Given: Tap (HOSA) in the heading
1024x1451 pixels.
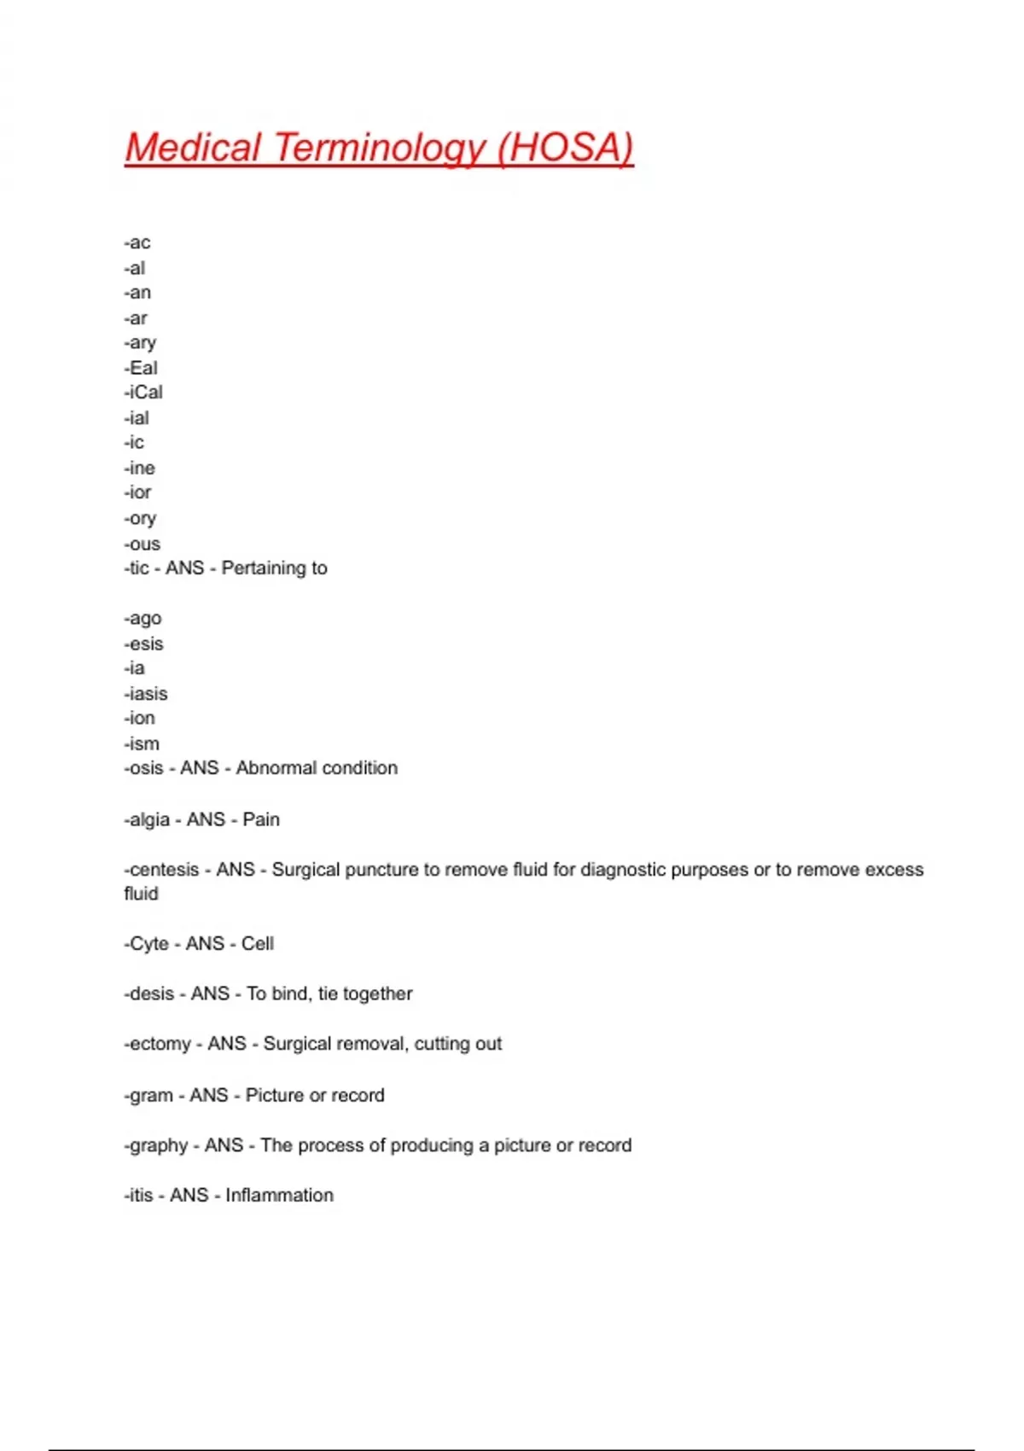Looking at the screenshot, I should click(565, 148).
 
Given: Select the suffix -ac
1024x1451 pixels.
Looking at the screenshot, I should click(137, 243).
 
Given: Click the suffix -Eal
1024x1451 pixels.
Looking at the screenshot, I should click(141, 368).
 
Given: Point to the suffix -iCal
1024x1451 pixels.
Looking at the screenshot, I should click(143, 393).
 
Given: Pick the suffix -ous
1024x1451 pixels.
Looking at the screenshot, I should click(143, 544).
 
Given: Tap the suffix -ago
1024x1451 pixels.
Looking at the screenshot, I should click(143, 618).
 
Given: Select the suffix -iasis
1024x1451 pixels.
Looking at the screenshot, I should click(146, 694).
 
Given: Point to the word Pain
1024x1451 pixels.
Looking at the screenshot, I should click(261, 819).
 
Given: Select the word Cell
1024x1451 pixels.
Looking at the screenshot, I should click(258, 944).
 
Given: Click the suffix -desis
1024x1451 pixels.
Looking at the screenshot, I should click(149, 994).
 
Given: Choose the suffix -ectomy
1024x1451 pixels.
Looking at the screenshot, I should click(158, 1044).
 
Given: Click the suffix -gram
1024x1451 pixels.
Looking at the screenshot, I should click(148, 1095).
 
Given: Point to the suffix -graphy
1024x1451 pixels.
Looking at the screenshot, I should click(156, 1145).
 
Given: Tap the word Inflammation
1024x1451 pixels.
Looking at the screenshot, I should click(279, 1196).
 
